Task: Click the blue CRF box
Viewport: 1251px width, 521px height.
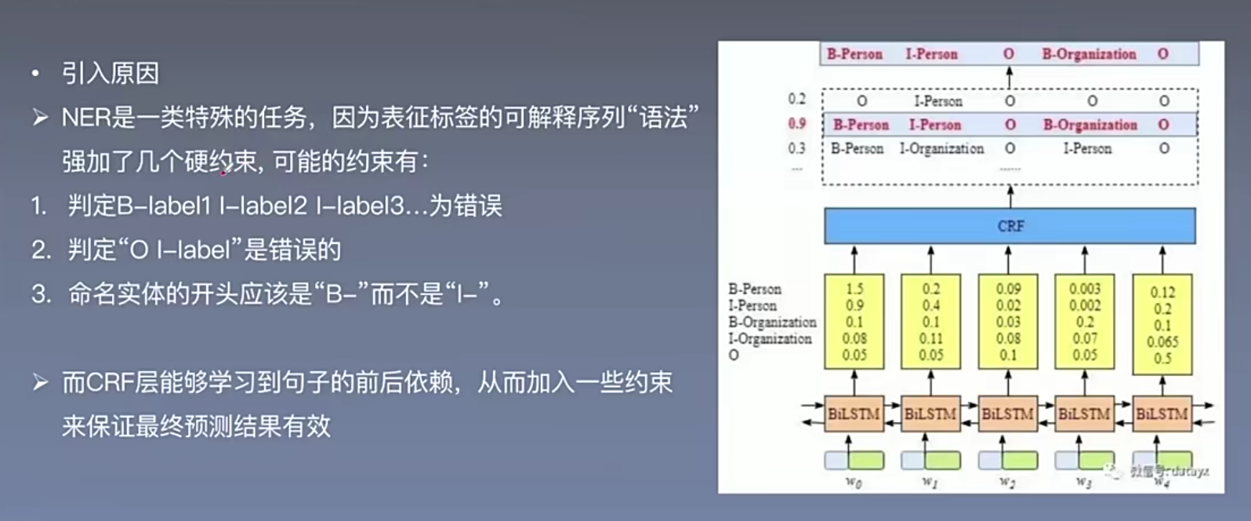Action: pyautogui.click(x=1010, y=226)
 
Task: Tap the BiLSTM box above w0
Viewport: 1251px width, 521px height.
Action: pyautogui.click(x=854, y=414)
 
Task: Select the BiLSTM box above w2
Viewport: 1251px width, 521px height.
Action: pyautogui.click(x=1008, y=414)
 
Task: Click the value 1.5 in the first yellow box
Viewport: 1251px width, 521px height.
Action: pyautogui.click(x=854, y=289)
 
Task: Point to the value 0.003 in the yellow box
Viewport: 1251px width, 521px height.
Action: pyautogui.click(x=1085, y=289)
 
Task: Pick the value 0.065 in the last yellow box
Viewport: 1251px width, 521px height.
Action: pyautogui.click(x=1162, y=341)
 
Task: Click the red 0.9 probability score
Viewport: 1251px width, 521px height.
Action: pyautogui.click(x=797, y=124)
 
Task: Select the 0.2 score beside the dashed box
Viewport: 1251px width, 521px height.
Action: pyautogui.click(x=797, y=99)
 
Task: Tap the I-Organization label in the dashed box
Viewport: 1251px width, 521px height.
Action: pyautogui.click(x=942, y=148)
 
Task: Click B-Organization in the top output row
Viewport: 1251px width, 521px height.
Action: pyautogui.click(x=1089, y=54)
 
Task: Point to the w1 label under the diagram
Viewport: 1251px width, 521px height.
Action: pyautogui.click(x=930, y=482)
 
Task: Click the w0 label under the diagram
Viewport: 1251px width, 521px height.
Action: pyautogui.click(x=854, y=482)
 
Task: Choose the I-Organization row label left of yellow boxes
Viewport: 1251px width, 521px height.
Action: pyautogui.click(x=770, y=338)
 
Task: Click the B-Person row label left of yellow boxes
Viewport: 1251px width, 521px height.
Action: pyautogui.click(x=755, y=289)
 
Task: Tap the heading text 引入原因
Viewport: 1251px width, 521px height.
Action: pyautogui.click(x=111, y=74)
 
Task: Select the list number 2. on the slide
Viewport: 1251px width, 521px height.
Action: pyautogui.click(x=41, y=250)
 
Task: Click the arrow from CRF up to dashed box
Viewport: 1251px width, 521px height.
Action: pyautogui.click(x=1010, y=196)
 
